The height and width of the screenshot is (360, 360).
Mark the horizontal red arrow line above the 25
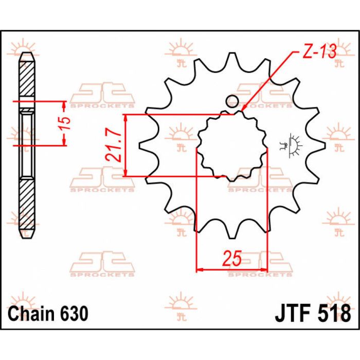click(232, 269)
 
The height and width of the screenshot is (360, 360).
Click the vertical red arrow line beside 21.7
click(126, 146)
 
